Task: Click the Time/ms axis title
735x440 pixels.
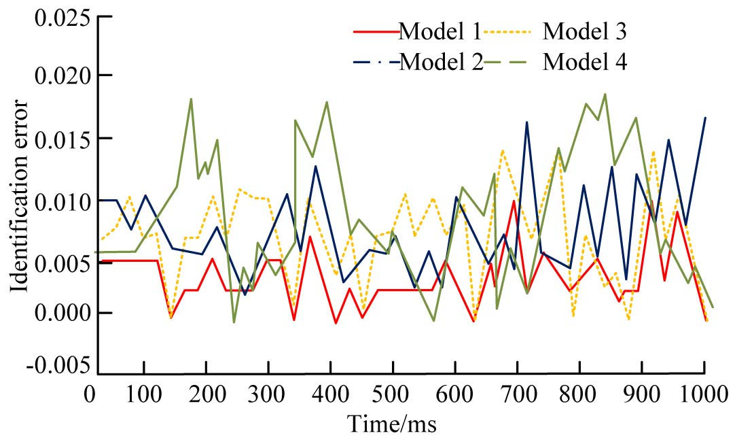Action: click(393, 424)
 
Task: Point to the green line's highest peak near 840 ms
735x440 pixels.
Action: click(605, 95)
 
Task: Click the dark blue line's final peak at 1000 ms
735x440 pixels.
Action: click(705, 118)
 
